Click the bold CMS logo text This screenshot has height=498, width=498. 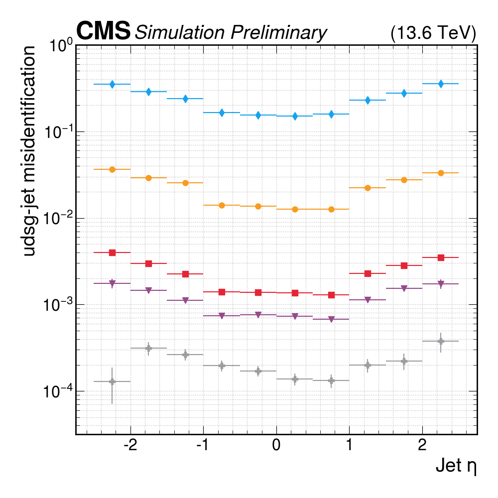103,32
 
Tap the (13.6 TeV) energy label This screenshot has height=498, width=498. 433,33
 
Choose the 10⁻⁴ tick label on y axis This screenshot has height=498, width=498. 59,392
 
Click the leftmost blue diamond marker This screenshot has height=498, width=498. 113,84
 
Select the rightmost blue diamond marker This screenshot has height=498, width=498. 441,84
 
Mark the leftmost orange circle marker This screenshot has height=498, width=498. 113,169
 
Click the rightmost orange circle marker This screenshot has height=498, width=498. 441,173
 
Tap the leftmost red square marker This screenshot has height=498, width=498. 113,252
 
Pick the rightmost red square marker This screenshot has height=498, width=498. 441,257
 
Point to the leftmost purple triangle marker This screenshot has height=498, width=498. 113,284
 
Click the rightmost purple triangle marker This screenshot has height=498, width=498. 441,284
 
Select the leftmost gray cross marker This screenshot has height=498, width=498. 113,381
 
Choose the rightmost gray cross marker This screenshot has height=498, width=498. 441,341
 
